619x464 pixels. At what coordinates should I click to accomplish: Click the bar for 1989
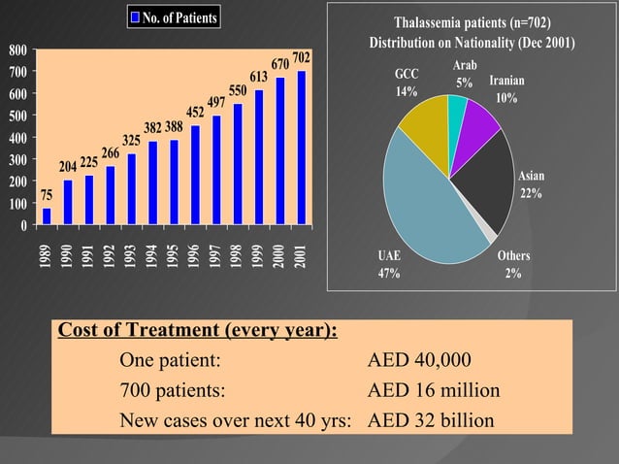pos(47,216)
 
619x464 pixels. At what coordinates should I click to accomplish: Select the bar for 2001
pos(301,148)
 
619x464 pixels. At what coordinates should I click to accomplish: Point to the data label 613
pos(258,77)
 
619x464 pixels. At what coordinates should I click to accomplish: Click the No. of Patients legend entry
pos(175,17)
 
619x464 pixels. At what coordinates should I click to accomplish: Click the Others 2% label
pos(513,264)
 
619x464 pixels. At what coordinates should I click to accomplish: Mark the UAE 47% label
pos(390,264)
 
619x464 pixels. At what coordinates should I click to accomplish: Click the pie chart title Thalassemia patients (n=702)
pos(472,23)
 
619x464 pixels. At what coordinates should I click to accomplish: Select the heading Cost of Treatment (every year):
pos(198,330)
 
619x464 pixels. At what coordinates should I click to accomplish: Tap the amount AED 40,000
pos(420,361)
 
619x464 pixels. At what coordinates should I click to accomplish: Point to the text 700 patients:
pos(171,391)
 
